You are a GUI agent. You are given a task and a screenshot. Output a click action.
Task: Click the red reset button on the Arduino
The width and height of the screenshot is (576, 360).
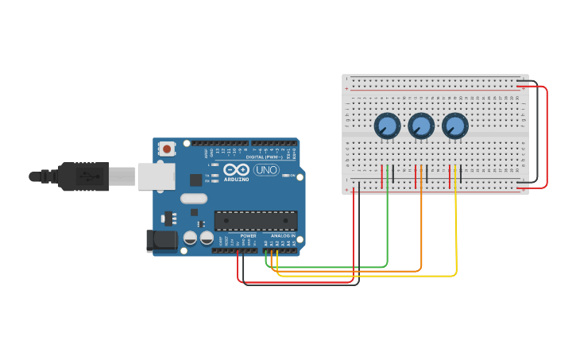[x=167, y=149]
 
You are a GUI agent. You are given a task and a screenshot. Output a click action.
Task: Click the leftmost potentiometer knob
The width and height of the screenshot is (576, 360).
[x=387, y=126]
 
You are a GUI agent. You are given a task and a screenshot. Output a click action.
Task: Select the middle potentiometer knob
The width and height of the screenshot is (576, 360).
[x=421, y=126]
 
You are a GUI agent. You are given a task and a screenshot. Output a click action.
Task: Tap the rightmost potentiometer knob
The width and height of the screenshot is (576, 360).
[x=454, y=126]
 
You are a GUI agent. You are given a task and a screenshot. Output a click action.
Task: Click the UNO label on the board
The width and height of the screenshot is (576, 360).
[x=265, y=169]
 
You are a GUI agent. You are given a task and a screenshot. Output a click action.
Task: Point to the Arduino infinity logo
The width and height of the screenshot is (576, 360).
[x=236, y=169]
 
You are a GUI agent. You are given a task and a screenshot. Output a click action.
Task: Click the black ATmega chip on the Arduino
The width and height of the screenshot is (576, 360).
[x=256, y=221]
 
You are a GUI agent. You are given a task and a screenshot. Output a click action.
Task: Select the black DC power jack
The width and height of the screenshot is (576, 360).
[x=161, y=241]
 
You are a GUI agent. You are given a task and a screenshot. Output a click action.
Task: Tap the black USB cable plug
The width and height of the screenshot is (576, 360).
[x=83, y=176]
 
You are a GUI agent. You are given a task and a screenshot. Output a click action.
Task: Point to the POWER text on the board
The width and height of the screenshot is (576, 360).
[x=248, y=236]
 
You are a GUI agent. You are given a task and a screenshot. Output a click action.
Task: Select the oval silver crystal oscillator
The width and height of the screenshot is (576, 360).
[x=193, y=199]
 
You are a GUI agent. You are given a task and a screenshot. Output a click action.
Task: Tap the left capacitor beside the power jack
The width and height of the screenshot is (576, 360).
[x=191, y=238]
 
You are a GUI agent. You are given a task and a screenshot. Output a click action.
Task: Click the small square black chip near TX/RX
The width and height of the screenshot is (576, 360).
[x=195, y=180]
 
